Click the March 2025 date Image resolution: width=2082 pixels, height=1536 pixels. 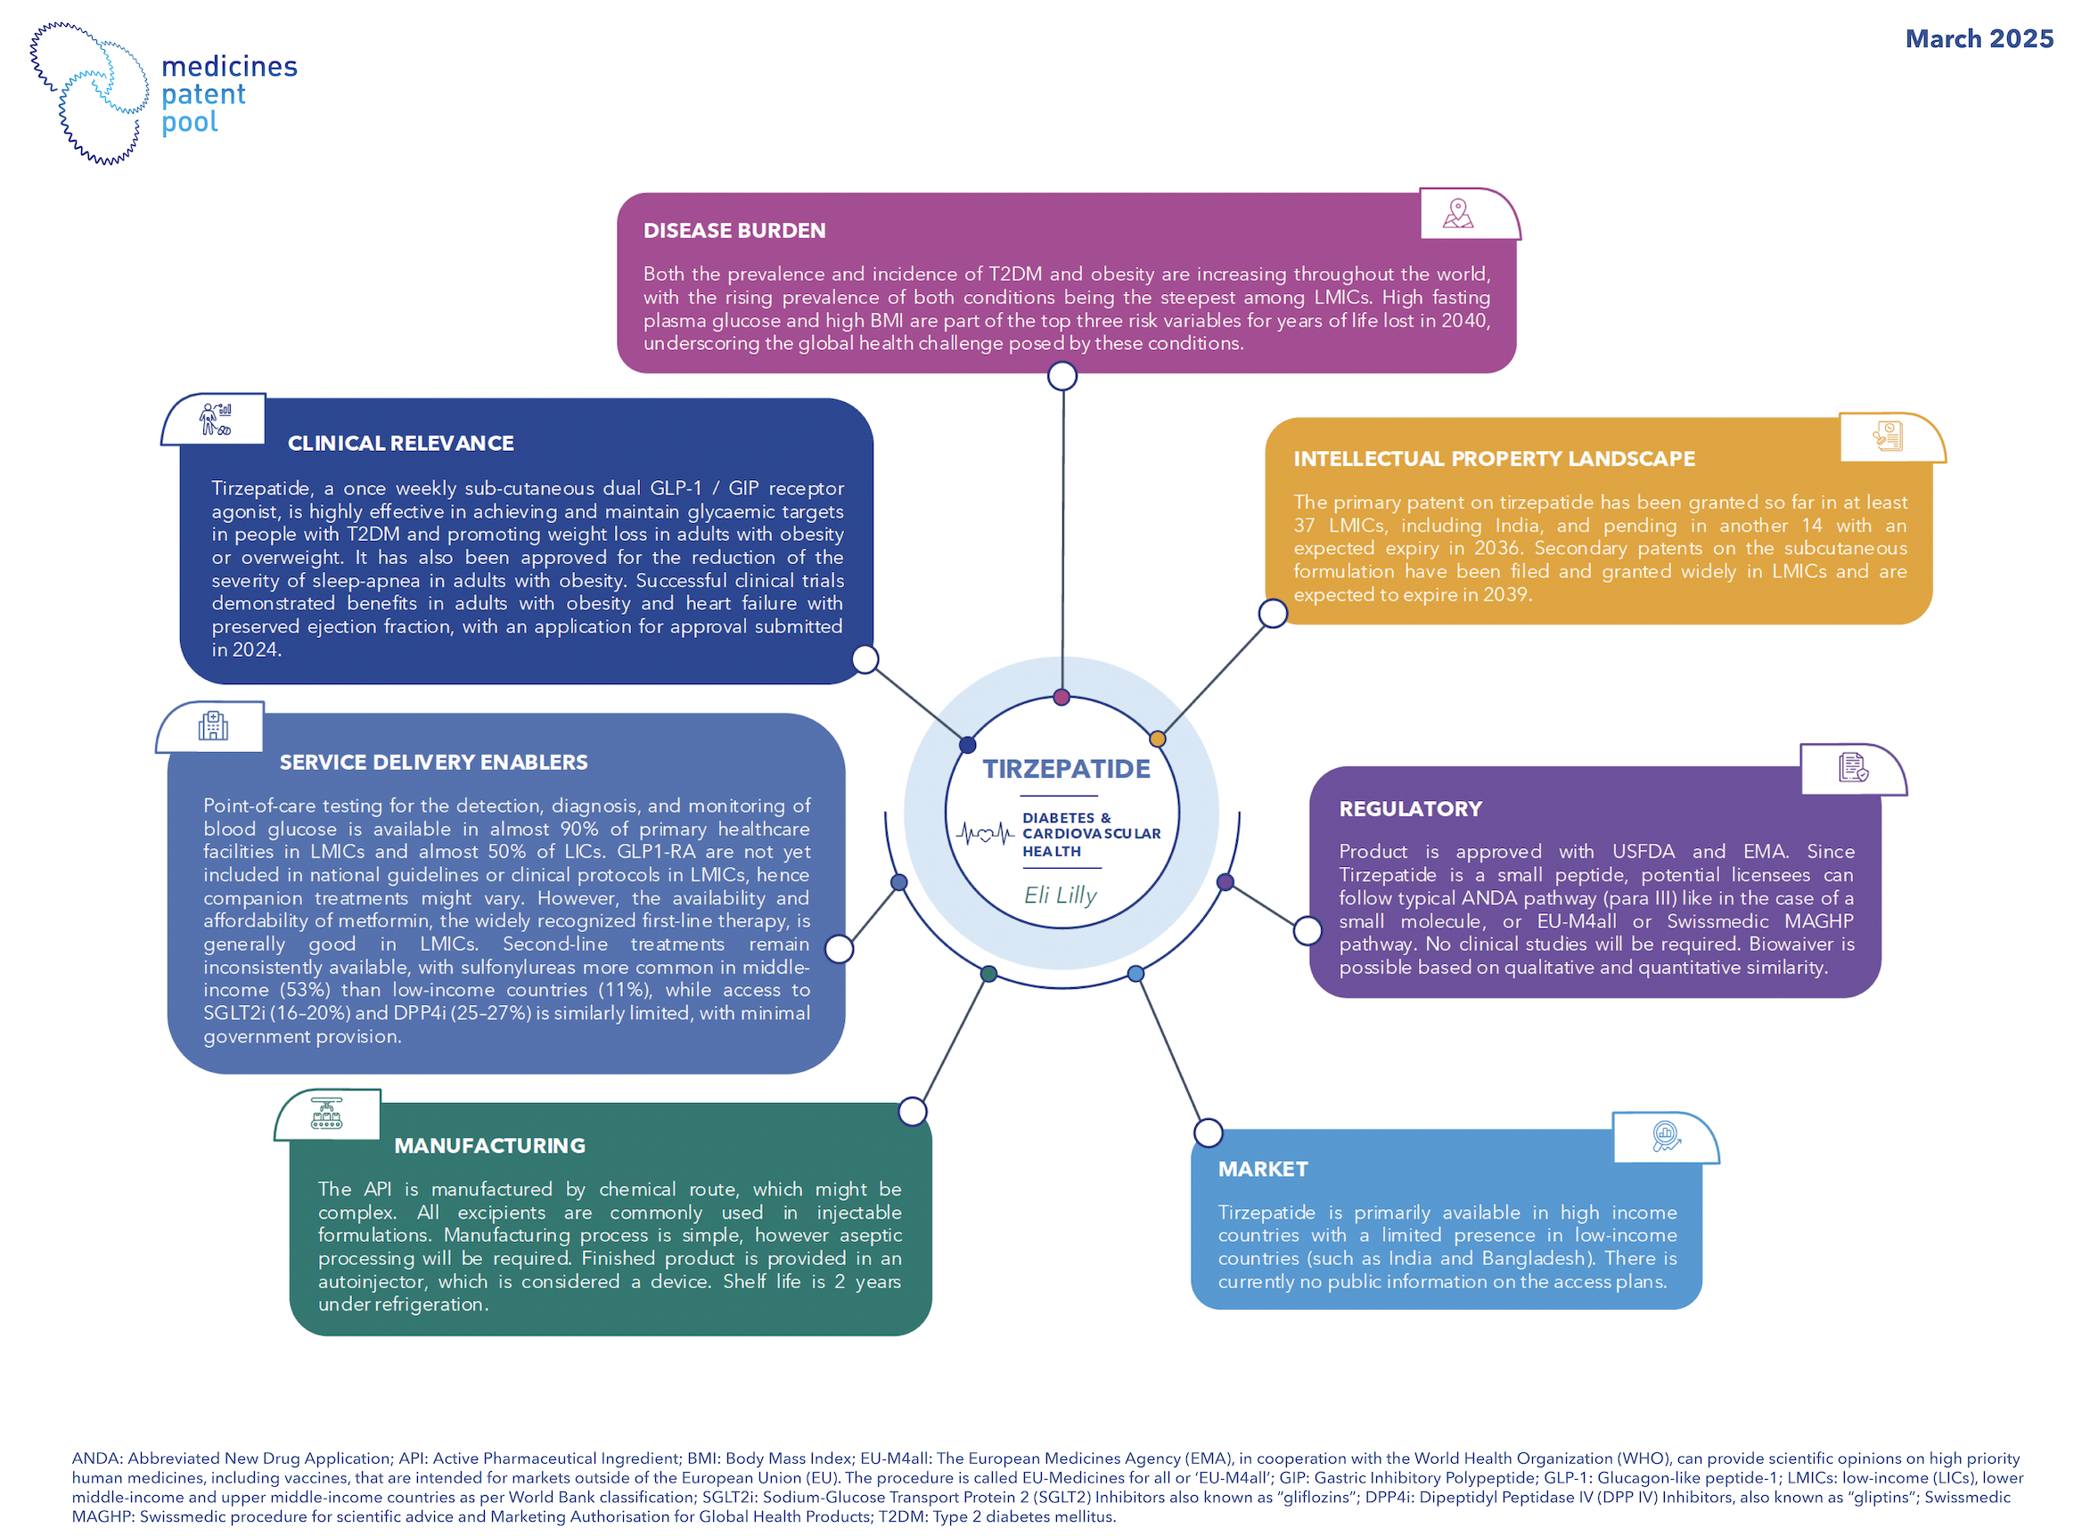[1978, 39]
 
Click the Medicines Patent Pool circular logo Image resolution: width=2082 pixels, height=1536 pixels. [89, 94]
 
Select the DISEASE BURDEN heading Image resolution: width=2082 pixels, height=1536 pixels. [734, 231]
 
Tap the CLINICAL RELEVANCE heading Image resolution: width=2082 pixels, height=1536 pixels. [400, 444]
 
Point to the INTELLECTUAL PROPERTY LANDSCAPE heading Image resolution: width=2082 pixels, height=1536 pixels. [1494, 460]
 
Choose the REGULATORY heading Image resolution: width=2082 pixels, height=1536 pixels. [1410, 809]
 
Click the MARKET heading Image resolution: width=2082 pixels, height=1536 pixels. [1262, 1170]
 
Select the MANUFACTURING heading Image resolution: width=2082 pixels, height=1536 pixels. [489, 1147]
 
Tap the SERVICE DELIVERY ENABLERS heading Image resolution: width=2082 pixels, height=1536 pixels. [433, 763]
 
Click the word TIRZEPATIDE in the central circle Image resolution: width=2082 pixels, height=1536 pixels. [1066, 769]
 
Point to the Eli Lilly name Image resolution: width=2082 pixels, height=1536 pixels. [1059, 895]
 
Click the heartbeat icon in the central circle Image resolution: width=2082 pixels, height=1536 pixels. [985, 833]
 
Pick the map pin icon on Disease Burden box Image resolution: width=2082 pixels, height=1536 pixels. [1457, 215]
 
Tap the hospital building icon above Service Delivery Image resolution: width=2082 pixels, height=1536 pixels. [213, 726]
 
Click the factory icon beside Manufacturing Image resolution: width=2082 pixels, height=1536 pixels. [326, 1114]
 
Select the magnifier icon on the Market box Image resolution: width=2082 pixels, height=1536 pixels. [1666, 1136]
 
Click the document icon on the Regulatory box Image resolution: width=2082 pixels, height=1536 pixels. [1852, 768]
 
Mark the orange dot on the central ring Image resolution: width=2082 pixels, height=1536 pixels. [1157, 739]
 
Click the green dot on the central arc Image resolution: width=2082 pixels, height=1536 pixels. [988, 974]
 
